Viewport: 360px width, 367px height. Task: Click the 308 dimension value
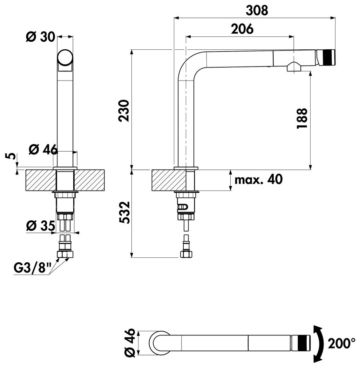click(257, 11)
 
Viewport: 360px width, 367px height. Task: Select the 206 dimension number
click(242, 29)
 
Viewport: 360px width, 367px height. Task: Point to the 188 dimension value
click(302, 118)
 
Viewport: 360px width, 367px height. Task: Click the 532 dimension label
click(124, 212)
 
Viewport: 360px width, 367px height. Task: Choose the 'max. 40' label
click(259, 180)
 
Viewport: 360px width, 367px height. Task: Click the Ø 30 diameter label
click(40, 37)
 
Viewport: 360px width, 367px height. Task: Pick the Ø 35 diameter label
click(41, 226)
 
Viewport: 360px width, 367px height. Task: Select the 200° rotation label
click(341, 343)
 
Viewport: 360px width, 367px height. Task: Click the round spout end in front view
click(65, 57)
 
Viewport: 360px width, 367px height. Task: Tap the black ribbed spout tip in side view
click(329, 57)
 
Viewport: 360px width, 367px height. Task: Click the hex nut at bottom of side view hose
click(186, 255)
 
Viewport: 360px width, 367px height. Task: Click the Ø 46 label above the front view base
click(43, 149)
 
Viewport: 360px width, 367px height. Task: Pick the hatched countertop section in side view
click(169, 180)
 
